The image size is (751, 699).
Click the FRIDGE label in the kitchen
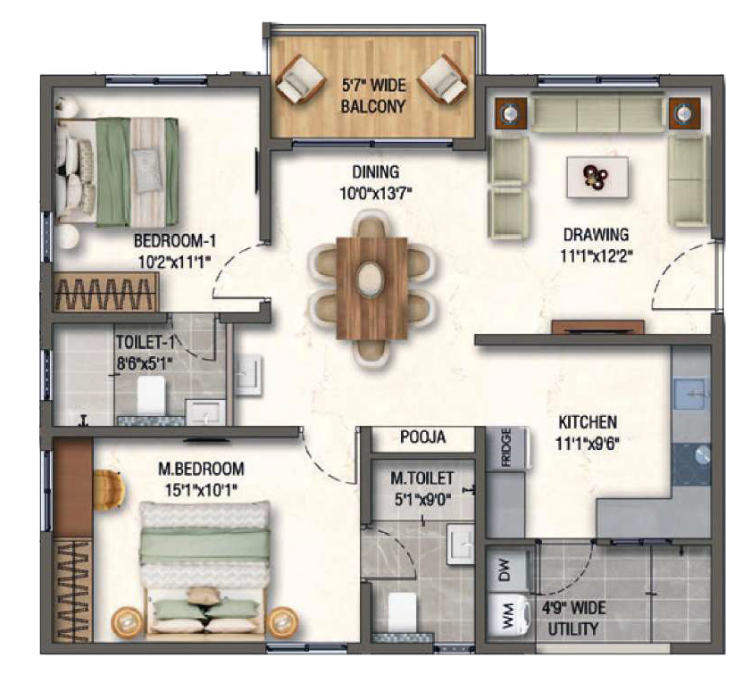[x=505, y=447]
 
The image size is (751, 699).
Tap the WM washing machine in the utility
[x=509, y=616]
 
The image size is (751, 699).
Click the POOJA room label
[x=423, y=437]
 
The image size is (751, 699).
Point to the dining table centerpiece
[x=370, y=279]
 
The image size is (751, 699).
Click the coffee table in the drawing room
[x=597, y=177]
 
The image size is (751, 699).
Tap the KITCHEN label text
[x=588, y=422]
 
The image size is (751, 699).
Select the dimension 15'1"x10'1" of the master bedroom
[x=201, y=490]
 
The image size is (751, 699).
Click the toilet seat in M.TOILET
[x=402, y=612]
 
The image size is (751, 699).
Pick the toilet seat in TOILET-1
[x=151, y=395]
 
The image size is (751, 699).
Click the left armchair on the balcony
[x=300, y=79]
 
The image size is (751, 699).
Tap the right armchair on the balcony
[x=443, y=79]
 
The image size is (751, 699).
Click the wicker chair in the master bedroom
[x=109, y=491]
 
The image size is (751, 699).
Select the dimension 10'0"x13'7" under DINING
[x=375, y=194]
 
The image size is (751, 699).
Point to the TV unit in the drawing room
[x=597, y=327]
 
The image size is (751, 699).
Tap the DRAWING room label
[x=596, y=235]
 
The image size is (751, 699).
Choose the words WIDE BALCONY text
[x=373, y=96]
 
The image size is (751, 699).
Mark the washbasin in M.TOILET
[x=460, y=545]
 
